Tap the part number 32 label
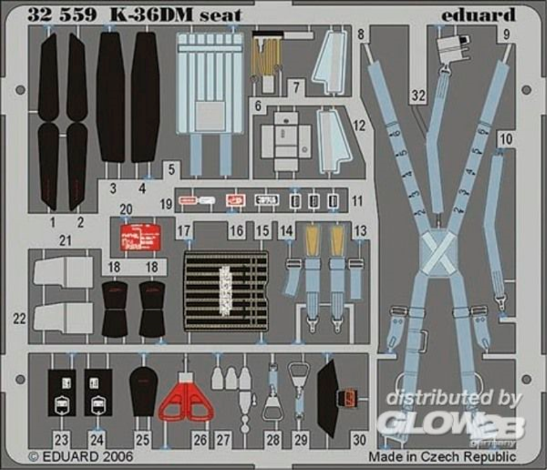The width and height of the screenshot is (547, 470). (417, 96)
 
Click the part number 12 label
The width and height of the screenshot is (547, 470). (359, 125)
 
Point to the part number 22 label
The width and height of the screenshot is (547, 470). (20, 319)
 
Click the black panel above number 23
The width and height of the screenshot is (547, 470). (62, 393)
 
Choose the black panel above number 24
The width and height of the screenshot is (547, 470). (98, 393)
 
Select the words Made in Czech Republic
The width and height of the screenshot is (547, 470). (443, 456)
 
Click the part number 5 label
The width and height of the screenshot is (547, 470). (171, 169)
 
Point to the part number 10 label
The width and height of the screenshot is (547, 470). (506, 138)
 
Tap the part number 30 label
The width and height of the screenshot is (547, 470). (359, 439)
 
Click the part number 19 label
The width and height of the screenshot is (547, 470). (167, 203)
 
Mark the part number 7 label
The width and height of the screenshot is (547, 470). (296, 87)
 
